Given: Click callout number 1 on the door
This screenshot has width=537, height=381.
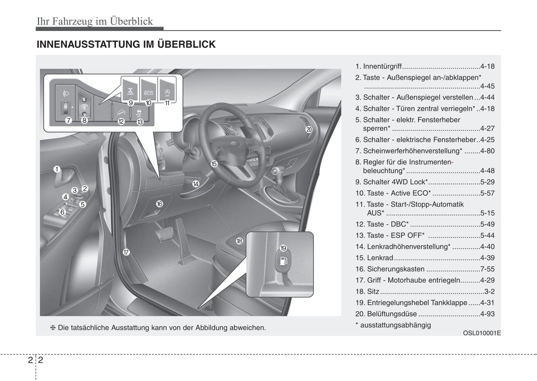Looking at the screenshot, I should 56,169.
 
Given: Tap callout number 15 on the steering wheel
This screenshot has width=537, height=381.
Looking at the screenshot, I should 214,164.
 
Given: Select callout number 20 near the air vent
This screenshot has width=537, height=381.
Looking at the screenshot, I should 309,130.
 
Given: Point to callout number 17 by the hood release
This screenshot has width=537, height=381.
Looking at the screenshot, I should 126,253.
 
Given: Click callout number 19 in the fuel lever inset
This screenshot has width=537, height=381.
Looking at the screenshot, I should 283,248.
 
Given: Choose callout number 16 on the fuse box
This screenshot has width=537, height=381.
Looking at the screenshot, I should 159,204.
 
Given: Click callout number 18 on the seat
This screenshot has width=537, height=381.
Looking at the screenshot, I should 239,241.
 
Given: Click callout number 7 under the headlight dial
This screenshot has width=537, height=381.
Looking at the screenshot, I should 68,120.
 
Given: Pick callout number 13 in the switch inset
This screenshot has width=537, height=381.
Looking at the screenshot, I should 140,122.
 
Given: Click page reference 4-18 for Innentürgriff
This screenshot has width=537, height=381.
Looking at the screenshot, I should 487,66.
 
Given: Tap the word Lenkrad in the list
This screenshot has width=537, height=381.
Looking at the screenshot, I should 380,258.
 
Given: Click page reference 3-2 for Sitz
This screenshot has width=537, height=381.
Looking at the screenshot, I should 489,292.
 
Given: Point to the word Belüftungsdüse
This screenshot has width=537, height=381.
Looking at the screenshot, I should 392,314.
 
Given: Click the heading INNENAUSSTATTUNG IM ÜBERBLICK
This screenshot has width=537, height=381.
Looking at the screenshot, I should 126,44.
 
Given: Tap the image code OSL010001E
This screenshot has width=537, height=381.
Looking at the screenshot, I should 482,333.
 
